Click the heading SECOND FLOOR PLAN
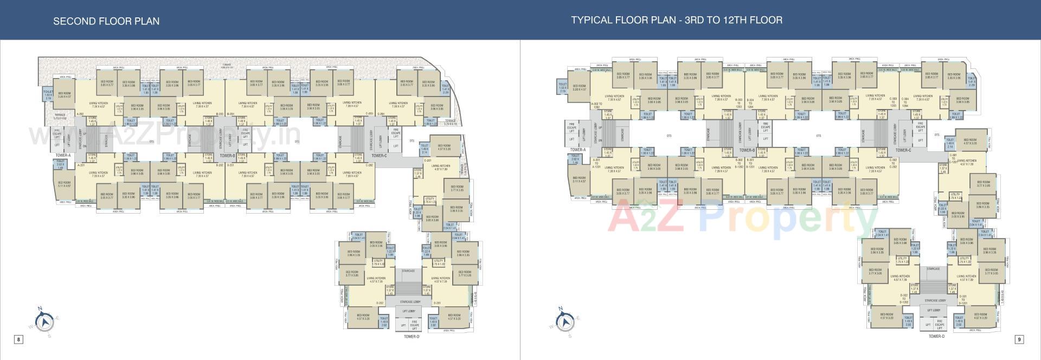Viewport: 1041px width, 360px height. click(106, 21)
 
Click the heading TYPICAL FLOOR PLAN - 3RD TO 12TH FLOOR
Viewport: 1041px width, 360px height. click(676, 20)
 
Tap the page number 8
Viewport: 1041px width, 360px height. click(18, 339)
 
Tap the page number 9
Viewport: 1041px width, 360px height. click(1019, 339)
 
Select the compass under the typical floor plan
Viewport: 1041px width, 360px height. click(566, 321)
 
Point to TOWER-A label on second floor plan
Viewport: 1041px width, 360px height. click(63, 156)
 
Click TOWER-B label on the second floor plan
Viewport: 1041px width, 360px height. click(227, 156)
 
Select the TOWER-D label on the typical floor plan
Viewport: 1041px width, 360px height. click(936, 336)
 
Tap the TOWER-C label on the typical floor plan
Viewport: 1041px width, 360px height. click(903, 150)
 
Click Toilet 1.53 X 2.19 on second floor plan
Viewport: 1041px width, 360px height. click(48, 96)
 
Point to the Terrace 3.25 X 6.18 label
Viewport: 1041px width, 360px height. click(450, 123)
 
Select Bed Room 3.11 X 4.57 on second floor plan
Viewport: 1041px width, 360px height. click(64, 184)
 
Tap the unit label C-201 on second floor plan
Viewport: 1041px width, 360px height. click(427, 160)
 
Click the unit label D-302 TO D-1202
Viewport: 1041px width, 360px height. click(904, 299)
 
